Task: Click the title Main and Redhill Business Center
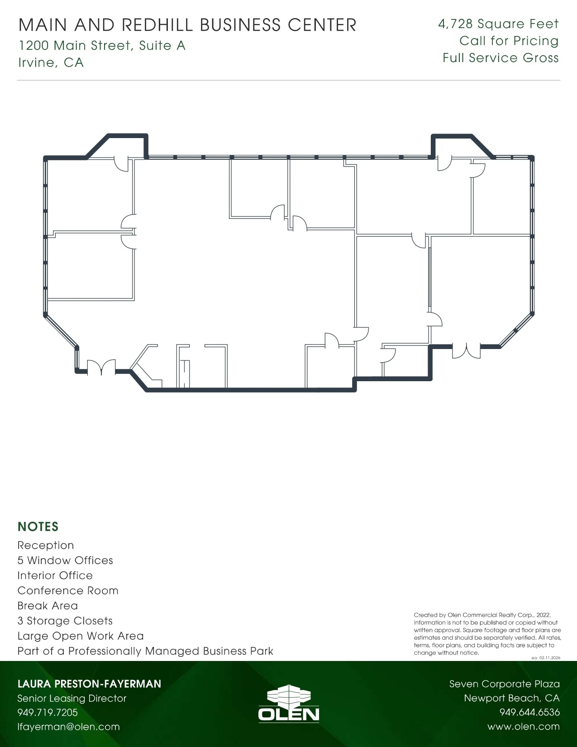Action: [187, 25]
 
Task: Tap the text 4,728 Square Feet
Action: [498, 24]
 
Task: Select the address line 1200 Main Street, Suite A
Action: [102, 45]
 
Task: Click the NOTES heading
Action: [38, 527]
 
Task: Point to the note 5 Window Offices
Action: [65, 560]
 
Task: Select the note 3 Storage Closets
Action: [65, 621]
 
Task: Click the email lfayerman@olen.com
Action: [68, 727]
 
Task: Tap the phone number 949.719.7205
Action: [48, 712]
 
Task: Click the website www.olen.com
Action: [523, 727]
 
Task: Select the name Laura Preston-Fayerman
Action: [89, 684]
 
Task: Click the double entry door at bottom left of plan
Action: [101, 368]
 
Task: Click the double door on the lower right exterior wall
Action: [466, 350]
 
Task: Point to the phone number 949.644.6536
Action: [529, 712]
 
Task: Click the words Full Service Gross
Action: [501, 58]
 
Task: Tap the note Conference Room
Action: [68, 590]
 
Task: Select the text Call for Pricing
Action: [509, 41]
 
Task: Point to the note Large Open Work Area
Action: [81, 636]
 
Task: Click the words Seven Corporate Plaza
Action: [504, 684]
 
